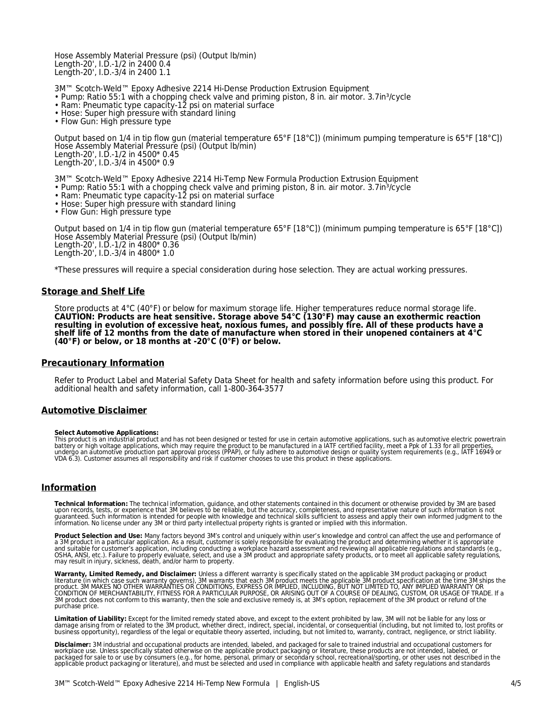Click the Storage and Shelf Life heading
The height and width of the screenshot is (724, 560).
pyautogui.click(x=93, y=292)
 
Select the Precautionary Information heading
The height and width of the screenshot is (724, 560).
pyautogui.click(x=103, y=363)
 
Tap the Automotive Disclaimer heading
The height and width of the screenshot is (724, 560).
pyautogui.click(x=94, y=411)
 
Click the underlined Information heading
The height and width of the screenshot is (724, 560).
pyautogui.click(x=69, y=488)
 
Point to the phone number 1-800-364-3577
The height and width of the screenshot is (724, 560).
pyautogui.click(x=253, y=389)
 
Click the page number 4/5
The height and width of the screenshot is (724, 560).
pyautogui.click(x=516, y=684)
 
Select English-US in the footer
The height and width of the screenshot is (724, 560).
pyautogui.click(x=302, y=684)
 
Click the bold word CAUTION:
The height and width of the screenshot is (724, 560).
pyautogui.click(x=74, y=317)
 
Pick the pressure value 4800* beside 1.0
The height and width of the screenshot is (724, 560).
pyautogui.click(x=149, y=253)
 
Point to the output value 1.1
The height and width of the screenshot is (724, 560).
pyautogui.click(x=165, y=72)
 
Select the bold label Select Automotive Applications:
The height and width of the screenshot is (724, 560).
pyautogui.click(x=106, y=433)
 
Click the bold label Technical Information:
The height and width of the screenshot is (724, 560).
pyautogui.click(x=91, y=504)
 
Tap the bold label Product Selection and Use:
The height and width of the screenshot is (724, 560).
pyautogui.click(x=98, y=536)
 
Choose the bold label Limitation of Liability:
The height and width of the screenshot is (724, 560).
pyautogui.click(x=90, y=619)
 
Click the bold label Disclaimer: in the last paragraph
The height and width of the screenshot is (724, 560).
pyautogui.click(x=72, y=645)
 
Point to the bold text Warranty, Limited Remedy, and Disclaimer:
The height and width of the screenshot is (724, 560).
pyautogui.click(x=125, y=574)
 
